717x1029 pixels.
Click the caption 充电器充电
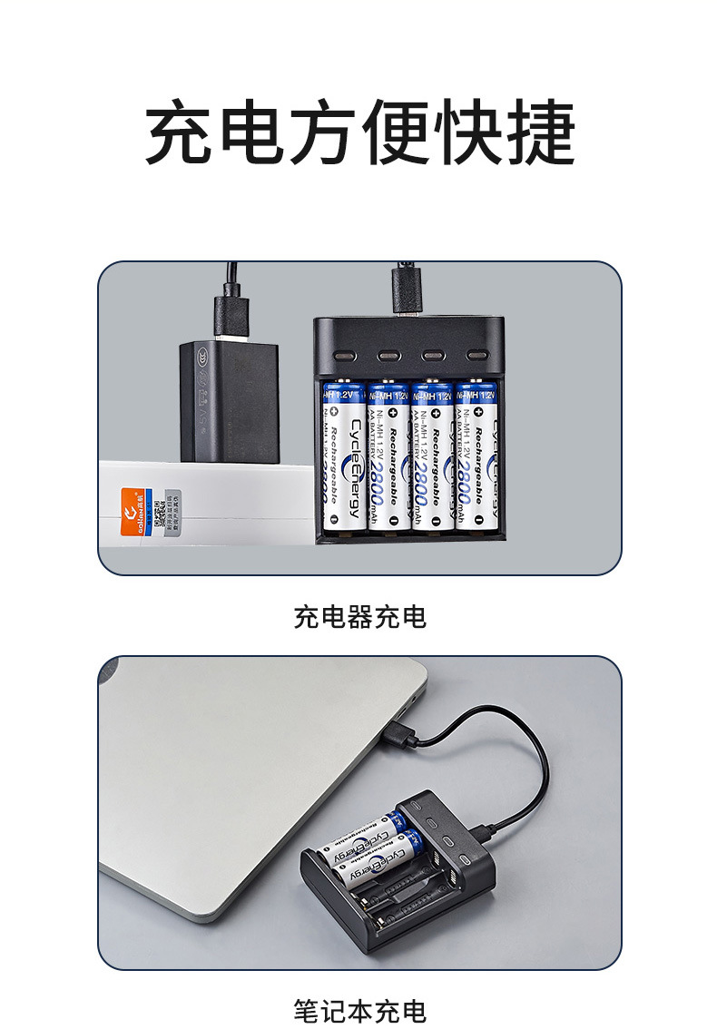[359, 618]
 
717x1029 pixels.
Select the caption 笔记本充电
[359, 1010]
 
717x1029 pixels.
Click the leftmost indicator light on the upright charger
[344, 356]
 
